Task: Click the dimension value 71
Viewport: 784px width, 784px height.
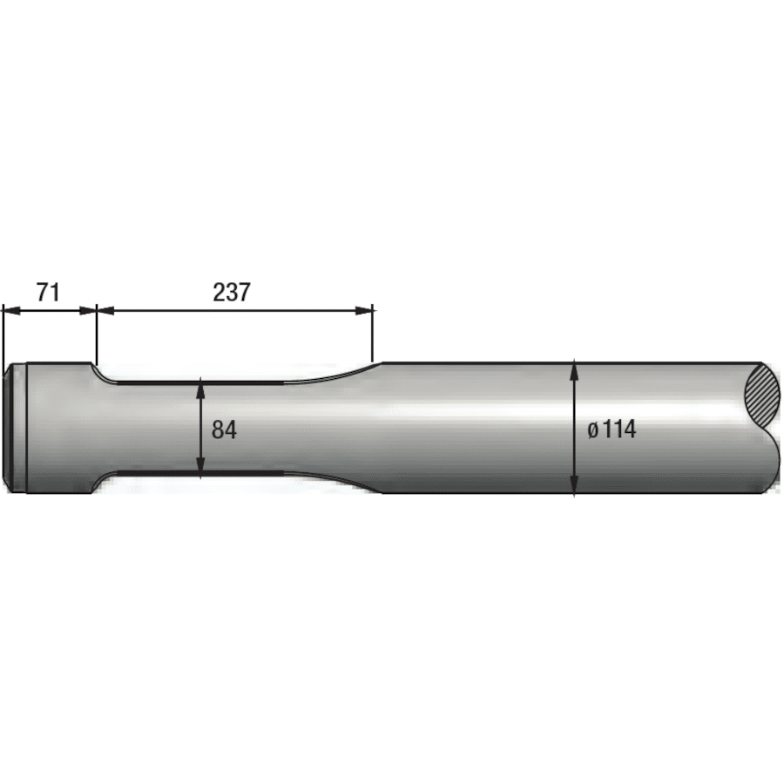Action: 48,292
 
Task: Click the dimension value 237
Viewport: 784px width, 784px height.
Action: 232,292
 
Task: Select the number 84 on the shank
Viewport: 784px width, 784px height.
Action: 225,429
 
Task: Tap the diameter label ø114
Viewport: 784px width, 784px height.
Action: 612,429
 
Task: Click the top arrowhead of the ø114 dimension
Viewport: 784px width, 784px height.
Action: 574,369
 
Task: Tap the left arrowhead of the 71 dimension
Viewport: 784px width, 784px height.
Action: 9,308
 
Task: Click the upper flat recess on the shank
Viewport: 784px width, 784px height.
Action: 200,381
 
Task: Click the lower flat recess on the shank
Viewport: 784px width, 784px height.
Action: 200,475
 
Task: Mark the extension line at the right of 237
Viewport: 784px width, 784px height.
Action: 373,335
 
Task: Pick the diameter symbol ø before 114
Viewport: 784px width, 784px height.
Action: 592,429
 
